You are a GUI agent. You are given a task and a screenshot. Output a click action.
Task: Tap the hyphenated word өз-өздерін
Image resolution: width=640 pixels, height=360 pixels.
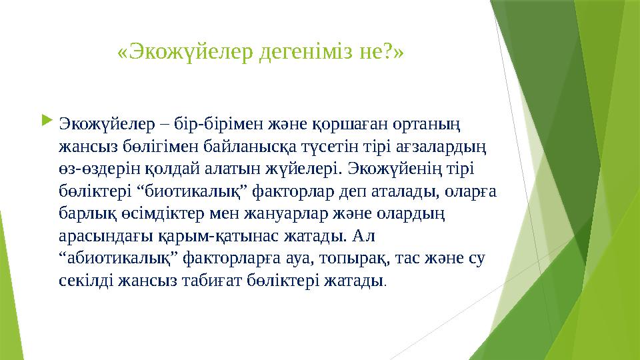click(96, 167)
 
